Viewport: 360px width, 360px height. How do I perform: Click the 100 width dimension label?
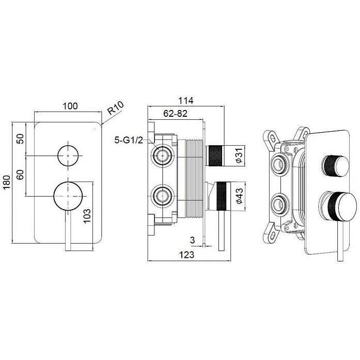70,106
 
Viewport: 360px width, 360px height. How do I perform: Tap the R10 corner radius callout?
116,108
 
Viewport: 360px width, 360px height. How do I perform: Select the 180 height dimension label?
7,182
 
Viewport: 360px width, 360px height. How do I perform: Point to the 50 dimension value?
21,139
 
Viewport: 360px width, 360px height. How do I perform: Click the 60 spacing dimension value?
21,175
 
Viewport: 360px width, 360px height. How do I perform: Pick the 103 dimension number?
87,215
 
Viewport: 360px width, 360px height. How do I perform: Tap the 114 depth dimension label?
186,100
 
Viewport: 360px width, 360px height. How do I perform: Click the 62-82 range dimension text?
176,114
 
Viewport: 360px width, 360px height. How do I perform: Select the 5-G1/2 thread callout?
129,140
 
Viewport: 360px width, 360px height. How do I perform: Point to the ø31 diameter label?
239,155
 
